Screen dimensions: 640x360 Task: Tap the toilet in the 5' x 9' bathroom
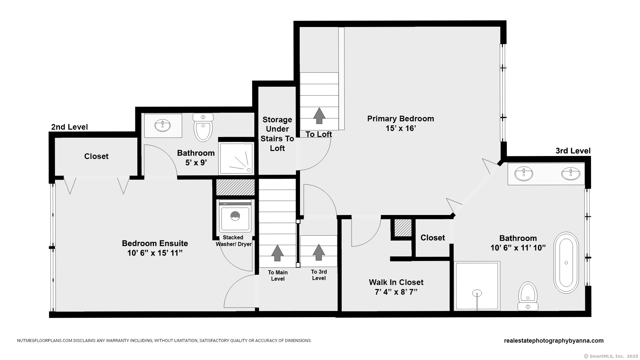pyautogui.click(x=203, y=127)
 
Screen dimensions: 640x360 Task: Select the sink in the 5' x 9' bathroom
pyautogui.click(x=163, y=126)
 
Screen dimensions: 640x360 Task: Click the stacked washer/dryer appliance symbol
pyautogui.click(x=235, y=216)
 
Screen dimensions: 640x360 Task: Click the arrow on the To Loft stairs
pyautogui.click(x=319, y=116)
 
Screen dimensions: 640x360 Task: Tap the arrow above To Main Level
pyautogui.click(x=277, y=253)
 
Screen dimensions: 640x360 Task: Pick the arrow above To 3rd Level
pyautogui.click(x=319, y=252)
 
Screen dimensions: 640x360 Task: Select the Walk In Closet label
pyautogui.click(x=396, y=282)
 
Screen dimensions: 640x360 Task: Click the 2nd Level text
pyautogui.click(x=69, y=127)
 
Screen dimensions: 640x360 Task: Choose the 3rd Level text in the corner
pyautogui.click(x=573, y=151)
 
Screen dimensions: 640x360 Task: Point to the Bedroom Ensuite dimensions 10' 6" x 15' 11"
pyautogui.click(x=155, y=253)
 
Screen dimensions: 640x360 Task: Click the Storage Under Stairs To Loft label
pyautogui.click(x=277, y=134)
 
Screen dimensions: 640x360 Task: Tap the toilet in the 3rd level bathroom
pyautogui.click(x=528, y=296)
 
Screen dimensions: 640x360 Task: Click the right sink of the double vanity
pyautogui.click(x=571, y=174)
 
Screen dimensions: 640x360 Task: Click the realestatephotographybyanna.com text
pyautogui.click(x=554, y=341)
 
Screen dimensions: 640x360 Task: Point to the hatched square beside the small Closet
pyautogui.click(x=403, y=228)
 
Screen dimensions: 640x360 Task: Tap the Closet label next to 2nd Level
pyautogui.click(x=96, y=156)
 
